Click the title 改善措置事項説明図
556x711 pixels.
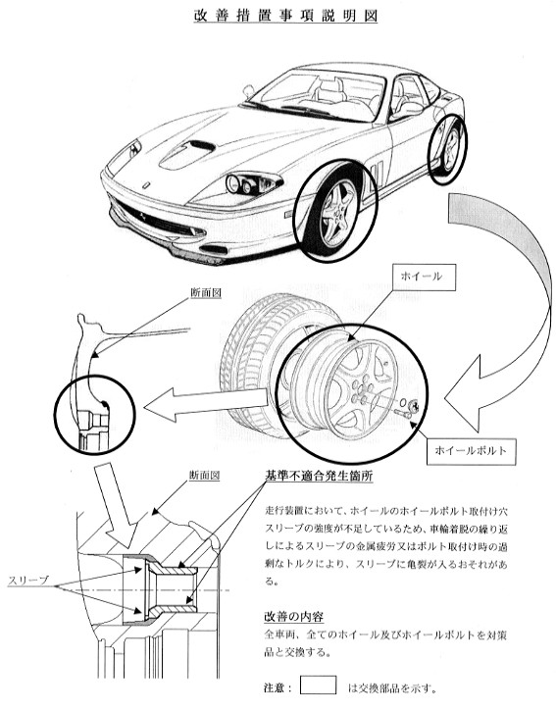click(285, 15)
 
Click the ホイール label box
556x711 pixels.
click(422, 277)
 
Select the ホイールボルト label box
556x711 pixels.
click(470, 451)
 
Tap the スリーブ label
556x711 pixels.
click(28, 581)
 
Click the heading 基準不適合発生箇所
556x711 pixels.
click(319, 476)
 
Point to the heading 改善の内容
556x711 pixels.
click(294, 617)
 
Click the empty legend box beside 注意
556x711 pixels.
click(318, 685)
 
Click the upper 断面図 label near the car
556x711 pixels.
click(206, 293)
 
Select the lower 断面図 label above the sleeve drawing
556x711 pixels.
click(205, 476)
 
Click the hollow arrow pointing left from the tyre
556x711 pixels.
click(206, 404)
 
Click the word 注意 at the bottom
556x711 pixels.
click(274, 688)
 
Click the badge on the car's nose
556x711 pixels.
click(146, 185)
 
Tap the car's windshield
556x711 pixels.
click(318, 96)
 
